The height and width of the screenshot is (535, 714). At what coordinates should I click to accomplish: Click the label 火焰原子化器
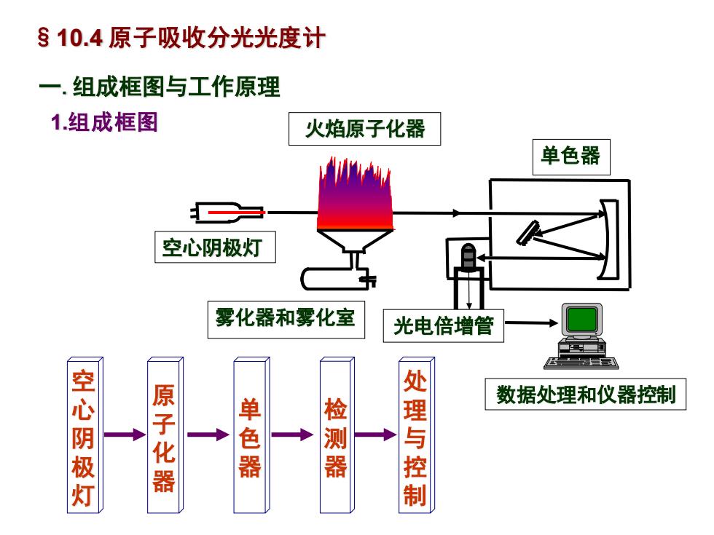(x=365, y=129)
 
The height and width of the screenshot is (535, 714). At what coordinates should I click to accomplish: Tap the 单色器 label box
(x=571, y=157)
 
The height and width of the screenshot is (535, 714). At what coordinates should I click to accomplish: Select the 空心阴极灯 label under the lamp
(x=215, y=247)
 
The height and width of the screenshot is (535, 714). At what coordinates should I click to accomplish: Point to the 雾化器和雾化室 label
(x=286, y=320)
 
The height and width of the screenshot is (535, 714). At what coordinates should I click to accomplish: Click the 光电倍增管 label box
(x=443, y=326)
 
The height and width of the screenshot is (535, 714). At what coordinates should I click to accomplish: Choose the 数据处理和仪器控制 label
(x=585, y=394)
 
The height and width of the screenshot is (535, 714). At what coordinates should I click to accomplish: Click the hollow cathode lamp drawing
(x=227, y=213)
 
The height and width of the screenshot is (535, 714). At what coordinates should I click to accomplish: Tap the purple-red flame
(x=355, y=195)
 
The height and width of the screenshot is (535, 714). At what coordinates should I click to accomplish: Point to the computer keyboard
(x=581, y=362)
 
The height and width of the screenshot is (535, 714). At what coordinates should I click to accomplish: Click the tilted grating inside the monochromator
(x=527, y=233)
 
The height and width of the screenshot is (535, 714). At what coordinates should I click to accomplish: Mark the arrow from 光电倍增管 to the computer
(x=531, y=323)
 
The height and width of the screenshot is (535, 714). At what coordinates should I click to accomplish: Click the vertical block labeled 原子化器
(x=165, y=435)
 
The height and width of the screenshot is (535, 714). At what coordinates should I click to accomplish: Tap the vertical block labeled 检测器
(x=337, y=435)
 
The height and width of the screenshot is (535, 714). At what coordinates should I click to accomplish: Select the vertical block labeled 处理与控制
(x=416, y=435)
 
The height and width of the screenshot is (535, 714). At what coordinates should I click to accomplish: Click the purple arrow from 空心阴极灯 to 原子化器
(x=125, y=435)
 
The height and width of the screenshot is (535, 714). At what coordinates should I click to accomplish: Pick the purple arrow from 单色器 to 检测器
(x=293, y=435)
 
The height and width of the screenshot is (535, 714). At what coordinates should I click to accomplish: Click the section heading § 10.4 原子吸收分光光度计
(x=181, y=37)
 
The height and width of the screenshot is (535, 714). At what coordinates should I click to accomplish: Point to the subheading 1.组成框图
(x=104, y=122)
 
